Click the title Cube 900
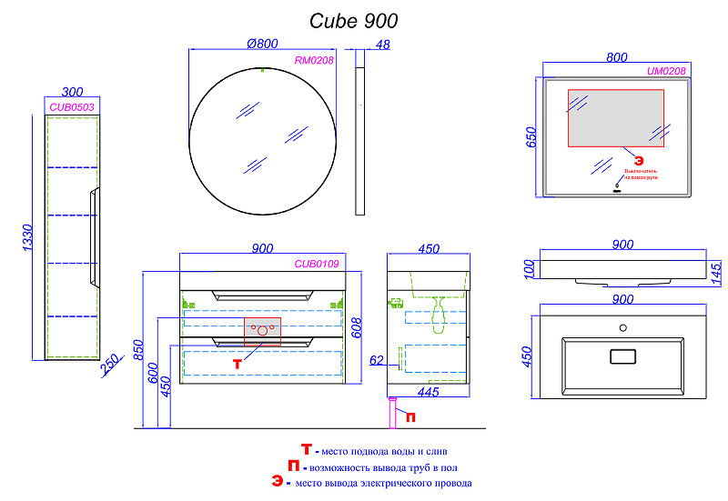(x=354, y=20)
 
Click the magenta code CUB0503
(x=73, y=106)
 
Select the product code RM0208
(x=315, y=60)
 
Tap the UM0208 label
(x=666, y=71)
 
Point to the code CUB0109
(x=317, y=264)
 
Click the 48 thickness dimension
(x=381, y=44)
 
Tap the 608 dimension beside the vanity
(x=359, y=325)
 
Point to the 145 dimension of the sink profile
(x=716, y=270)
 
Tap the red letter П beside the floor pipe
(x=410, y=417)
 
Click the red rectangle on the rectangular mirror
(x=617, y=118)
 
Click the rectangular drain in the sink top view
(x=622, y=356)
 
